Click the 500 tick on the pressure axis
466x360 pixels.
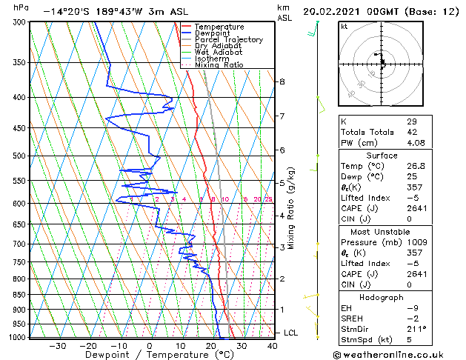(x=20, y=156)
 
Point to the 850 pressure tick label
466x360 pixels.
(x=20, y=295)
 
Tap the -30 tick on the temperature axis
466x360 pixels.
(x=57, y=345)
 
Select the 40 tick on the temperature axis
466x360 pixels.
(x=273, y=345)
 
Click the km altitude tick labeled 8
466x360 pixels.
(x=282, y=81)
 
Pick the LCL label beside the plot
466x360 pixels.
(x=290, y=333)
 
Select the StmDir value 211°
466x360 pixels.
(x=416, y=329)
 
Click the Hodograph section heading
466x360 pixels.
(x=382, y=297)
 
